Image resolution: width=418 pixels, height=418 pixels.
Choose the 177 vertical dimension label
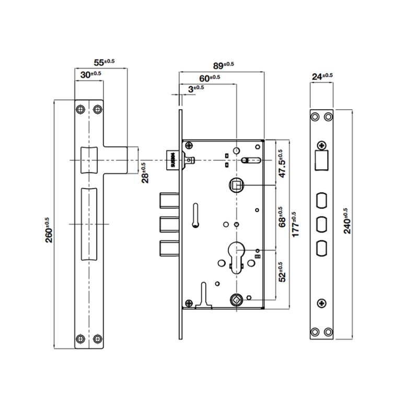296,225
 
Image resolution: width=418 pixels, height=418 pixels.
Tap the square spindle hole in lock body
236,184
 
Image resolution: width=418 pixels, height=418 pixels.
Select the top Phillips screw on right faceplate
321,146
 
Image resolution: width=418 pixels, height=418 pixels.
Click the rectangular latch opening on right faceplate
321,160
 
